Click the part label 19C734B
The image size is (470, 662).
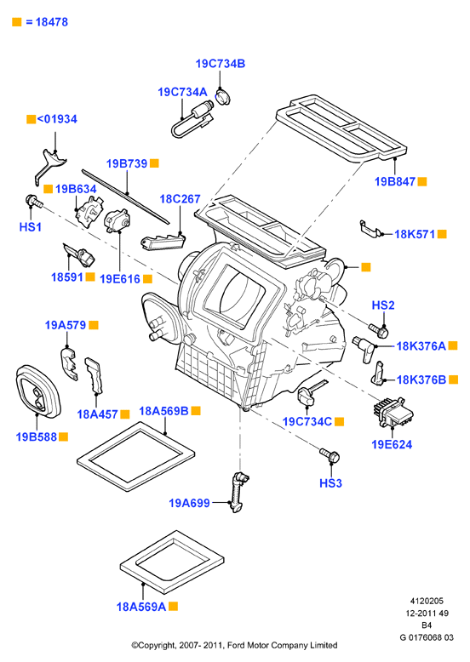click(220, 64)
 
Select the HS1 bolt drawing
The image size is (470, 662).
click(34, 202)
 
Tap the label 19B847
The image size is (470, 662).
click(395, 181)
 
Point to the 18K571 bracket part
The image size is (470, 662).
click(369, 227)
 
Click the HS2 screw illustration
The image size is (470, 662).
click(378, 330)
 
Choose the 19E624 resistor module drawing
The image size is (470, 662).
click(393, 412)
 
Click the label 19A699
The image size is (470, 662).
click(189, 503)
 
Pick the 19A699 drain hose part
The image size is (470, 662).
click(238, 492)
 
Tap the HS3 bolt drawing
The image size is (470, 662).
click(330, 455)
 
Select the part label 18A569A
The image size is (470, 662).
click(141, 607)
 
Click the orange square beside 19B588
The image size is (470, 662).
click(63, 437)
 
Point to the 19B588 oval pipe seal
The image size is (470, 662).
click(38, 391)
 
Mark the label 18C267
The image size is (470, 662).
click(180, 199)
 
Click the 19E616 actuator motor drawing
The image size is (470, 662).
click(117, 220)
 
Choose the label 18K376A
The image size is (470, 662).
click(421, 346)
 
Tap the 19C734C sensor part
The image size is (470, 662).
click(311, 391)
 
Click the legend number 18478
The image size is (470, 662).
click(52, 22)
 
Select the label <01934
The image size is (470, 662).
click(57, 119)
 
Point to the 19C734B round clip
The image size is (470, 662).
click(223, 96)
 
